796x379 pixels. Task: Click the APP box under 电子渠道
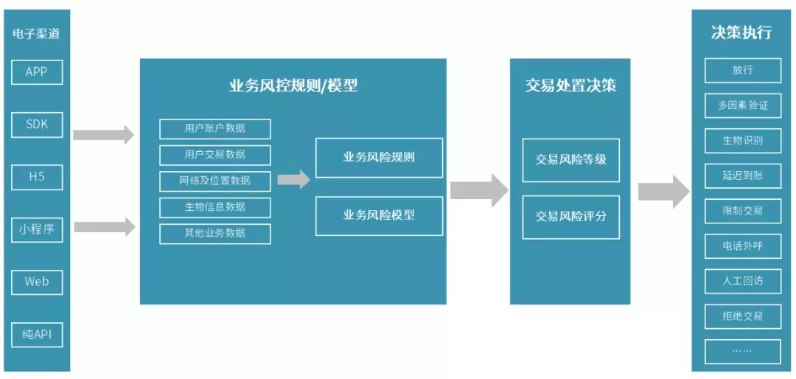[37, 72]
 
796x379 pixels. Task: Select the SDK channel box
[37, 125]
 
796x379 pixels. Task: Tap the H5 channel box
[37, 177]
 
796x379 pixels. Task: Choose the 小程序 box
[37, 229]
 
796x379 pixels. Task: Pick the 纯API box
[37, 335]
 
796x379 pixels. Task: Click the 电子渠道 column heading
[37, 35]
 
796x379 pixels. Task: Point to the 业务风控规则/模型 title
[293, 86]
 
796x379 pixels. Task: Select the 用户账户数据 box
[215, 128]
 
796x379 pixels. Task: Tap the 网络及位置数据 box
[215, 181]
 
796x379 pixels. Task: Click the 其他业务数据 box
[215, 234]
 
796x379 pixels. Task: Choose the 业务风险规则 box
[380, 158]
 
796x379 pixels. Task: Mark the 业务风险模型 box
[380, 215]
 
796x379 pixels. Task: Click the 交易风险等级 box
[571, 160]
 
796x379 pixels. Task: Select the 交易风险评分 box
[571, 217]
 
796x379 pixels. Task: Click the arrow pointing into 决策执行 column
[664, 192]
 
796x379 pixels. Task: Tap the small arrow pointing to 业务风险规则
[293, 179]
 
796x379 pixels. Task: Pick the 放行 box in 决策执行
[743, 71]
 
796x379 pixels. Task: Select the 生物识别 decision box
[743, 141]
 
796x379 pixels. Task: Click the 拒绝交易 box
[743, 316]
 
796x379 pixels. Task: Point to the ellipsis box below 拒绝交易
[743, 352]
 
